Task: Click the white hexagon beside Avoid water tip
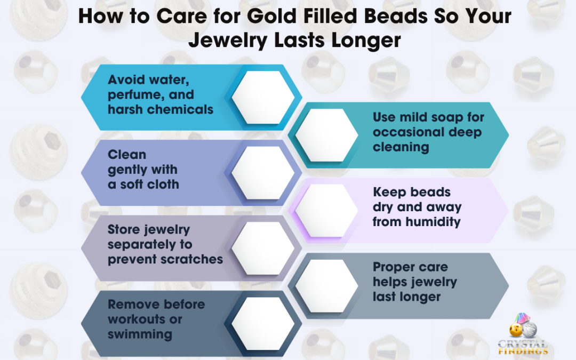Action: (263, 98)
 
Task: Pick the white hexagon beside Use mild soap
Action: (326, 135)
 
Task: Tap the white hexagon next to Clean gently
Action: (263, 173)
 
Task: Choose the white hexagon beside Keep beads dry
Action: (326, 211)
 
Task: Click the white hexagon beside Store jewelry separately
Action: (263, 249)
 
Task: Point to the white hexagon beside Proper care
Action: (326, 286)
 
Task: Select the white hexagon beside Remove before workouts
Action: (263, 324)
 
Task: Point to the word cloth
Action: (163, 184)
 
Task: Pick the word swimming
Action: (140, 334)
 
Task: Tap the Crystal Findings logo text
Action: (523, 348)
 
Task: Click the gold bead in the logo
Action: (516, 330)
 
